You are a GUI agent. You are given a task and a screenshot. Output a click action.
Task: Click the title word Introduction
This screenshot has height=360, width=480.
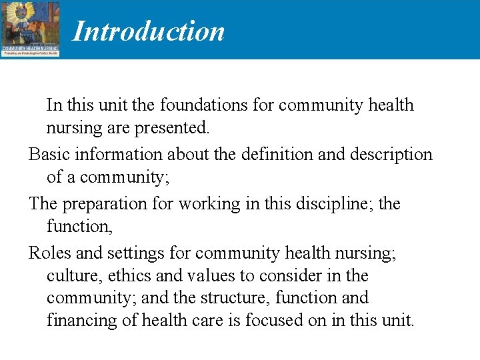pyautogui.click(x=148, y=31)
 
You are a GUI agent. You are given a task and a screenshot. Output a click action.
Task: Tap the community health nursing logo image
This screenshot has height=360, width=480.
pyautogui.click(x=30, y=29)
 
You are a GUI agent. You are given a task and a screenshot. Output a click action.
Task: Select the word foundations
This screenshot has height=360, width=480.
pyautogui.click(x=193, y=105)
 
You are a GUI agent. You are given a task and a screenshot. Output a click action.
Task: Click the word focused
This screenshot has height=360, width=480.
pyautogui.click(x=275, y=321)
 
